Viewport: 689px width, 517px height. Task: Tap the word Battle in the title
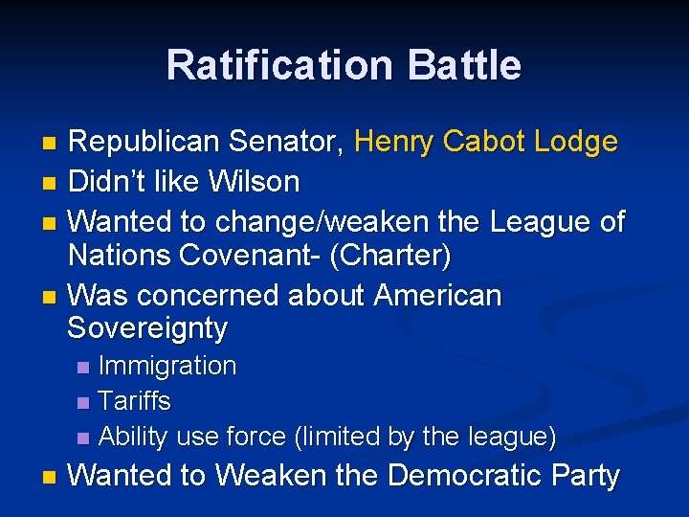(464, 65)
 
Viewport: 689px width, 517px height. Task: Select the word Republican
(145, 143)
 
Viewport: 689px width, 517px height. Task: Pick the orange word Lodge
(575, 143)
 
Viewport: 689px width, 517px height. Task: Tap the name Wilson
(256, 181)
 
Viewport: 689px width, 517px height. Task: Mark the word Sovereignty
(147, 329)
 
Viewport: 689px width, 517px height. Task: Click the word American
(437, 295)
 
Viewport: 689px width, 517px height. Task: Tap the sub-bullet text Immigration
(167, 366)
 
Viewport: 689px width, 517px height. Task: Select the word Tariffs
(135, 401)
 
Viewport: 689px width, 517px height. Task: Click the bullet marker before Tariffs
(83, 402)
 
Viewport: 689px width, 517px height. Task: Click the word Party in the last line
(585, 475)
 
